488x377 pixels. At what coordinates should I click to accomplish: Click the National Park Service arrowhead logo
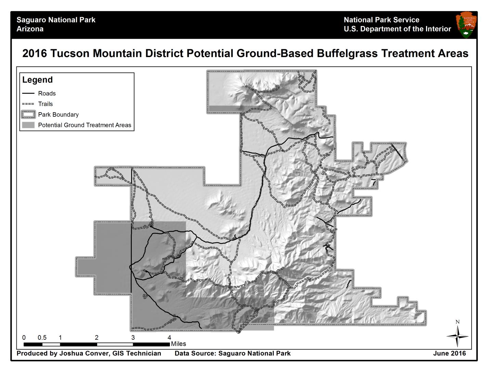click(466, 25)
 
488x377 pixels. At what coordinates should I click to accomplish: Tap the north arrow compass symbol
click(458, 336)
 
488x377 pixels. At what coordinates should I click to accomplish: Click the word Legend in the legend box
click(37, 80)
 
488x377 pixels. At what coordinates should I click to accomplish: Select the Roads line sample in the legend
click(28, 93)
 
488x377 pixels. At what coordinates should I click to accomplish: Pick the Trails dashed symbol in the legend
click(28, 104)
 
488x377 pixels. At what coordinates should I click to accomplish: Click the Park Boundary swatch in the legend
click(28, 115)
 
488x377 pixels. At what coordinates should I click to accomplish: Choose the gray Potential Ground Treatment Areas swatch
click(28, 125)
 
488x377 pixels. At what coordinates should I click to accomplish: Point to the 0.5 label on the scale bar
click(42, 338)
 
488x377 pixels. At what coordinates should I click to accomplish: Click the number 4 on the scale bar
click(169, 338)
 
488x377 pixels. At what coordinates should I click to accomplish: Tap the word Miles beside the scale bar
click(179, 344)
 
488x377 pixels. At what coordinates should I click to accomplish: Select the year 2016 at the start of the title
click(35, 54)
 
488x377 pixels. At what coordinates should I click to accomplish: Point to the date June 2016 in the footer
click(449, 353)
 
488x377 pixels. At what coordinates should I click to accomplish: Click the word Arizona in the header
click(30, 29)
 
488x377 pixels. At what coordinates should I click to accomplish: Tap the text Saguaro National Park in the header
click(56, 20)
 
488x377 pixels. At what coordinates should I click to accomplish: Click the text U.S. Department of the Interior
click(397, 29)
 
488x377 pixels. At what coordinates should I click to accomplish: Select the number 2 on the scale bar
click(97, 338)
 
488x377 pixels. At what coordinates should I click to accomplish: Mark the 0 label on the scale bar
click(24, 338)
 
